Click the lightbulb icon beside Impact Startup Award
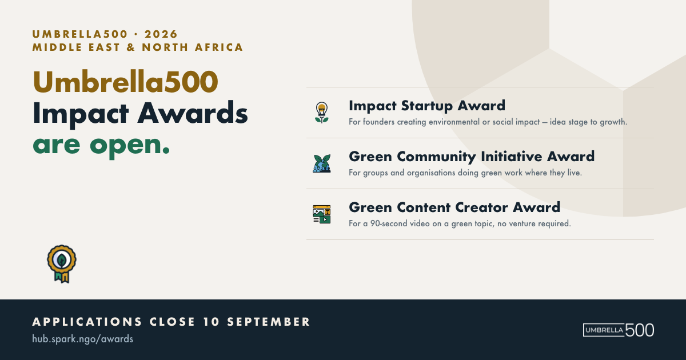pos(321,113)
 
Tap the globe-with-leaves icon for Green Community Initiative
pos(321,163)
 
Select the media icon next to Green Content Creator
pos(321,214)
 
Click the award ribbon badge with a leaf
pos(62,264)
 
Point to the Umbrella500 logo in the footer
pos(619,330)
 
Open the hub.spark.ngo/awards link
pos(83,339)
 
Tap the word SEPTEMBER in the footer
pos(269,322)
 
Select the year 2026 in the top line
pos(161,34)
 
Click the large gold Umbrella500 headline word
pos(126,82)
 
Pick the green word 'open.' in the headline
pos(130,146)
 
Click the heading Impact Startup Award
pos(427,106)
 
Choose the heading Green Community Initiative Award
pos(472,157)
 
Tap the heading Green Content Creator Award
pos(454,207)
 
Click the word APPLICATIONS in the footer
pos(87,322)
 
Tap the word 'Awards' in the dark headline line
pos(193,113)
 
